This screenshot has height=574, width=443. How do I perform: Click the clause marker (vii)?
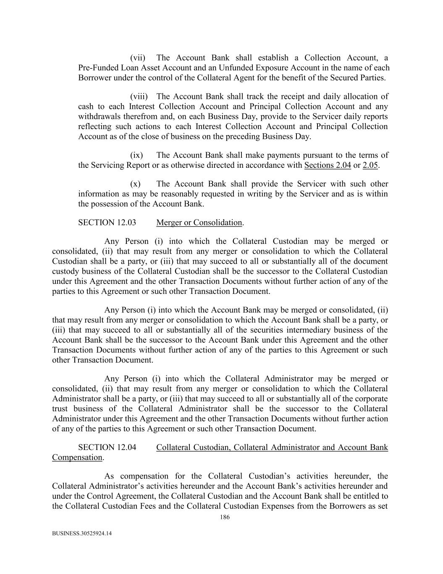tap(137, 58)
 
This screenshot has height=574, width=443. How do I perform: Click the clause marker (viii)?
tap(139, 97)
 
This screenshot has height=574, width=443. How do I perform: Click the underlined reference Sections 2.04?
tap(328, 165)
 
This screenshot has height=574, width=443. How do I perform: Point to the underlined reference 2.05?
tap(370, 165)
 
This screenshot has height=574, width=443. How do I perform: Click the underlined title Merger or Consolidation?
tap(199, 223)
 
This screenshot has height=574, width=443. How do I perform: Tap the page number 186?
tap(225, 518)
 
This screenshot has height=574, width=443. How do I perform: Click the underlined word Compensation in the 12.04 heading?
tap(77, 458)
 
